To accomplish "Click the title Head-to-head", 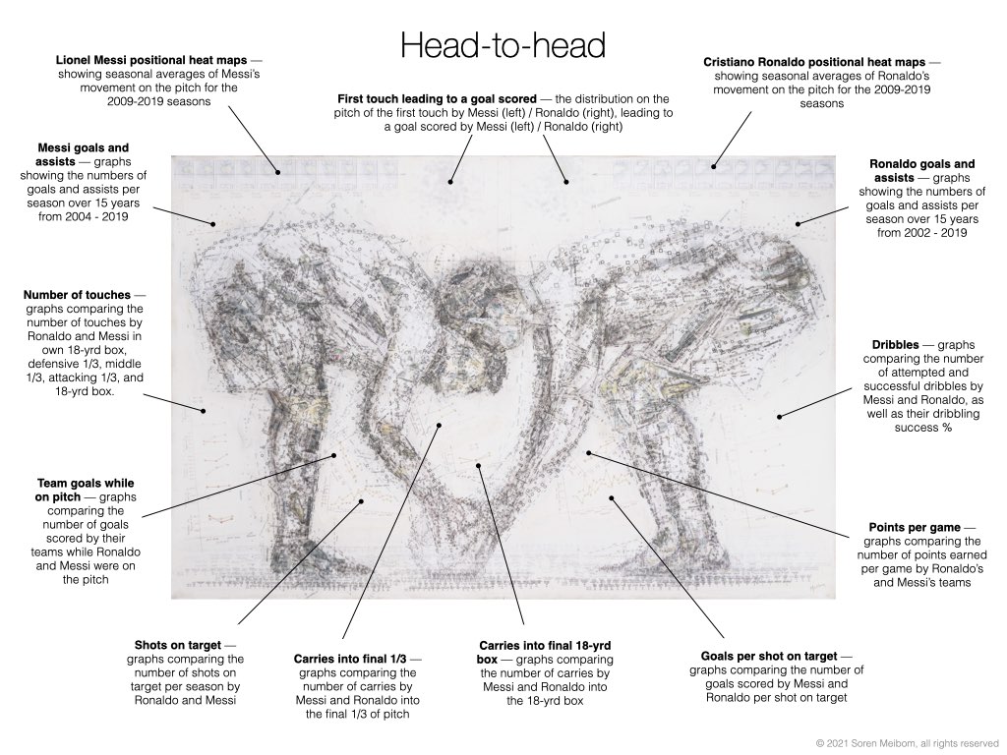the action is pyautogui.click(x=503, y=45).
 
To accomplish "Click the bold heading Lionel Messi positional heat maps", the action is pyautogui.click(x=151, y=60).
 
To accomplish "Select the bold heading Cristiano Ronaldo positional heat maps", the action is pyautogui.click(x=814, y=62).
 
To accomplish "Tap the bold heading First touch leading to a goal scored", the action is pyautogui.click(x=437, y=99).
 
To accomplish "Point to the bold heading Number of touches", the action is pyautogui.click(x=77, y=295).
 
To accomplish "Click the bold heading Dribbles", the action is pyautogui.click(x=895, y=345).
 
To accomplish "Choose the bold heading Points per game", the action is pyautogui.click(x=915, y=528).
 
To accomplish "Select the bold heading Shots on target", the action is pyautogui.click(x=178, y=645).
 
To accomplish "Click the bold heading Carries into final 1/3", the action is pyautogui.click(x=350, y=659).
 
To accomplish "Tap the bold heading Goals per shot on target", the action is pyautogui.click(x=769, y=656).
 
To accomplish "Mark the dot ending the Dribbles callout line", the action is pyautogui.click(x=779, y=417).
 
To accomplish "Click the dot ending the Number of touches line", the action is pyautogui.click(x=205, y=411).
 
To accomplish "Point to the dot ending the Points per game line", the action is pyautogui.click(x=588, y=453).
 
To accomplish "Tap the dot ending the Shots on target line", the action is pyautogui.click(x=361, y=501).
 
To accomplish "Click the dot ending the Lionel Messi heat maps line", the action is pyautogui.click(x=278, y=172).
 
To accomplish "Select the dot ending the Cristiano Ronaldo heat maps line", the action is pyautogui.click(x=712, y=167).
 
